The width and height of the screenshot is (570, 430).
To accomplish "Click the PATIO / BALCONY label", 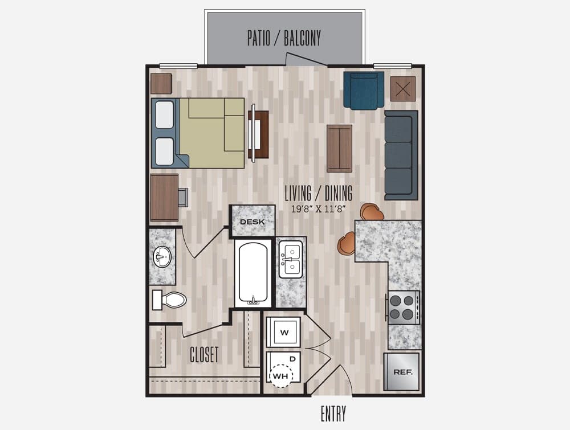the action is click(284, 39).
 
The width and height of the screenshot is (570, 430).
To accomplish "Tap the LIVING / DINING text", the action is click(319, 193).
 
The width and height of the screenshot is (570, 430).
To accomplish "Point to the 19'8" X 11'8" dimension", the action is click(318, 209).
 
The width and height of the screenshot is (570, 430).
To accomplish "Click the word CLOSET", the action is click(204, 354).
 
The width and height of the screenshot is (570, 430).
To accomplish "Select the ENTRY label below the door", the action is click(333, 413).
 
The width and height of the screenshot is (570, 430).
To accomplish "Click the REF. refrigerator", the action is click(402, 371).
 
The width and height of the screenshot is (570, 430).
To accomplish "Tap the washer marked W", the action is click(283, 332).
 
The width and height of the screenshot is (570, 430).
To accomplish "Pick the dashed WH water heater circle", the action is click(280, 376).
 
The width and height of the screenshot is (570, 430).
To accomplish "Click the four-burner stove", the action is click(404, 307).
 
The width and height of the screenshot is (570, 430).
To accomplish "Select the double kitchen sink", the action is click(291, 259).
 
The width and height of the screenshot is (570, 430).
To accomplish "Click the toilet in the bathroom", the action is click(169, 300).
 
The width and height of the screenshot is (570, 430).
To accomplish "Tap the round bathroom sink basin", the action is click(162, 257).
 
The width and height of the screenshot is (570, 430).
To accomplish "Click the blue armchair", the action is click(364, 91).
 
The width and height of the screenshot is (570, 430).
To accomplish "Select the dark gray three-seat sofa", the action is click(401, 155).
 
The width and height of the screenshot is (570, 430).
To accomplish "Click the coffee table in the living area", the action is click(340, 148).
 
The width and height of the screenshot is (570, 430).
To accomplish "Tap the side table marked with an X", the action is click(403, 89).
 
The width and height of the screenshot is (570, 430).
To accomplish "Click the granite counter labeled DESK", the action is click(253, 221).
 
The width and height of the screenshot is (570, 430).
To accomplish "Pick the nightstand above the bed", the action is click(161, 84).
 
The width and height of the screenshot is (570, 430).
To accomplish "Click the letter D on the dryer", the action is click(292, 359).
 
